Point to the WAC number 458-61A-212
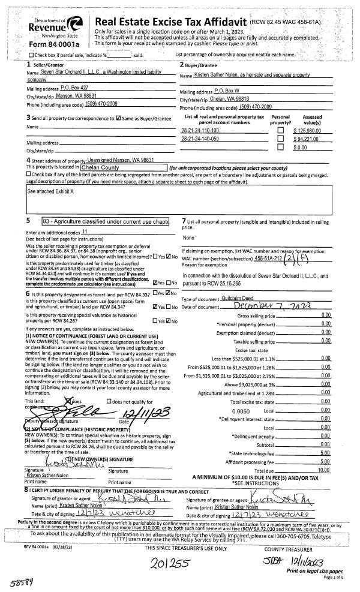tap(269, 258)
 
